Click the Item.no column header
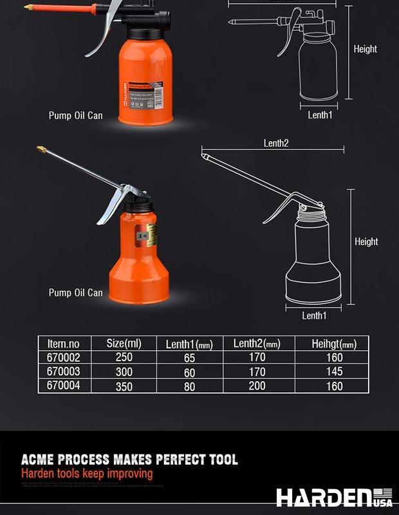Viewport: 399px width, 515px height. pyautogui.click(x=63, y=343)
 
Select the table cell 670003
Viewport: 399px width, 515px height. pyautogui.click(x=63, y=371)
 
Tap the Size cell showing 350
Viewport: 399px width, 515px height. pyautogui.click(x=124, y=386)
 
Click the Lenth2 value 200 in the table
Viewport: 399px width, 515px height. pyautogui.click(x=256, y=386)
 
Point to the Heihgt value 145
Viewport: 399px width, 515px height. pyautogui.click(x=334, y=371)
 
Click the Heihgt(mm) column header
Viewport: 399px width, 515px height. pyautogui.click(x=334, y=344)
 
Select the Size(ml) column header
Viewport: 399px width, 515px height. pyautogui.click(x=124, y=343)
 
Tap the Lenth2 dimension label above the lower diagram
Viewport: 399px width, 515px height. pyautogui.click(x=276, y=143)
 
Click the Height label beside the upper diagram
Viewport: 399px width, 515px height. pyautogui.click(x=365, y=49)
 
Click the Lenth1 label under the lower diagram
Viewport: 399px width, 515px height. pyautogui.click(x=315, y=315)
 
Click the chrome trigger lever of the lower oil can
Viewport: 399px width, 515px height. pyautogui.click(x=116, y=202)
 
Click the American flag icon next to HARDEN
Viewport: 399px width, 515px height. pyautogui.click(x=382, y=492)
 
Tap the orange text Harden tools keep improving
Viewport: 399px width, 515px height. pyautogui.click(x=87, y=474)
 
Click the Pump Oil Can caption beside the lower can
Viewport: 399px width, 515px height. pyautogui.click(x=75, y=292)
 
